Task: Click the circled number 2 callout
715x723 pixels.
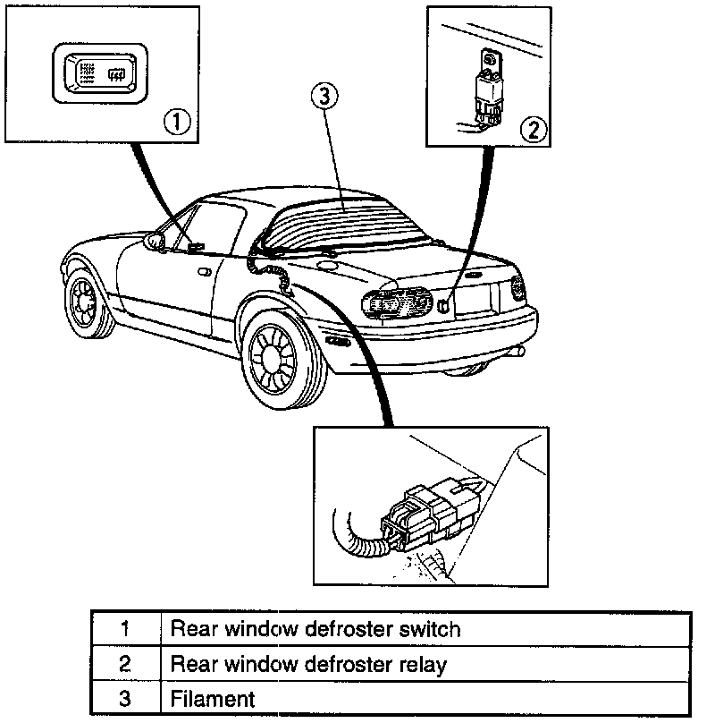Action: coord(533,129)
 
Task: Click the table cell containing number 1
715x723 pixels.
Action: coord(125,628)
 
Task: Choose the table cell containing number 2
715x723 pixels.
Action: coord(125,664)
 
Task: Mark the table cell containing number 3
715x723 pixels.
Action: coord(125,699)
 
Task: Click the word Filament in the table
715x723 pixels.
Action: coord(213,699)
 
